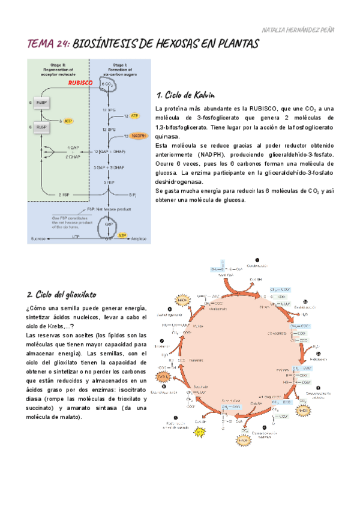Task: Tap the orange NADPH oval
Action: click(139, 136)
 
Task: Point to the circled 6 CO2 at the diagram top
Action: click(108, 85)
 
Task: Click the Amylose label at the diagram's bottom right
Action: click(141, 238)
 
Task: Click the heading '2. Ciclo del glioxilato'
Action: click(62, 295)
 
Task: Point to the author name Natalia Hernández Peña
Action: click(299, 29)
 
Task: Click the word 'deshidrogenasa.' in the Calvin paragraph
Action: click(179, 181)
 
